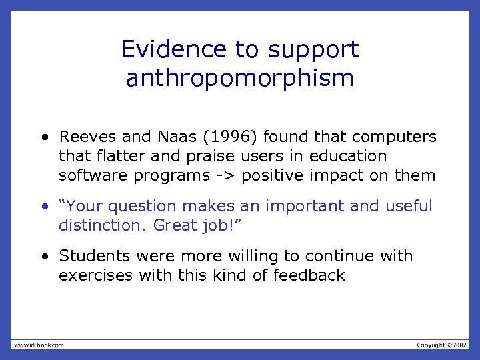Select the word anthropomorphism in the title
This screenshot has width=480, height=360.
pos(239,79)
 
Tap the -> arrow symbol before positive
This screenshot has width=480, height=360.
pos(225,176)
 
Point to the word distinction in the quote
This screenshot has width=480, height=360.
pos(99,226)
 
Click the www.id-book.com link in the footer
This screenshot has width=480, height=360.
pos(38,345)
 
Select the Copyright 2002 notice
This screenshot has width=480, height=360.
pos(442,345)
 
